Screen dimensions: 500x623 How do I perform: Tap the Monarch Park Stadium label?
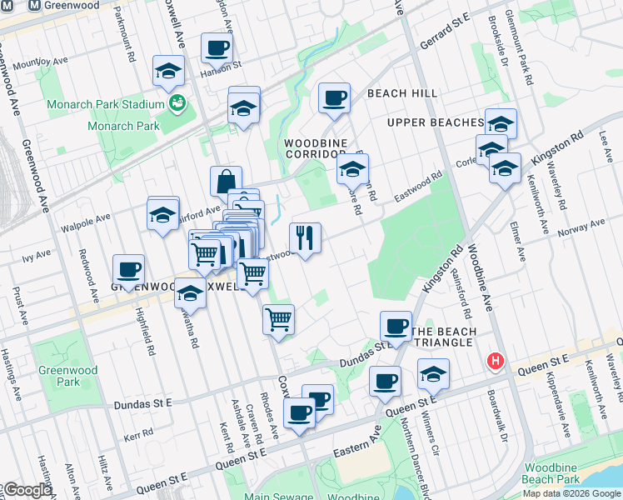[105, 104]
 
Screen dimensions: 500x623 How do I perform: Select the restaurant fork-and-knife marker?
[306, 238]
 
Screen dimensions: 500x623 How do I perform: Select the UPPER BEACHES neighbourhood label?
[435, 122]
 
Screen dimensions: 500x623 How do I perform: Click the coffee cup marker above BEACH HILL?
[334, 98]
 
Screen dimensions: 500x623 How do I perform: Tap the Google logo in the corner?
[28, 490]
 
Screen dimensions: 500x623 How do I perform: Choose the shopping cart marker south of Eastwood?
[279, 318]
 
